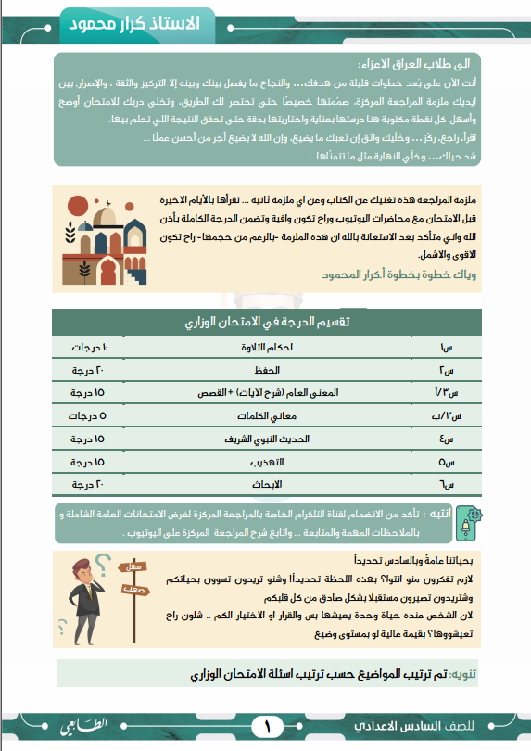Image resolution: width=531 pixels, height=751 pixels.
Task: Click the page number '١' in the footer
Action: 266,724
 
